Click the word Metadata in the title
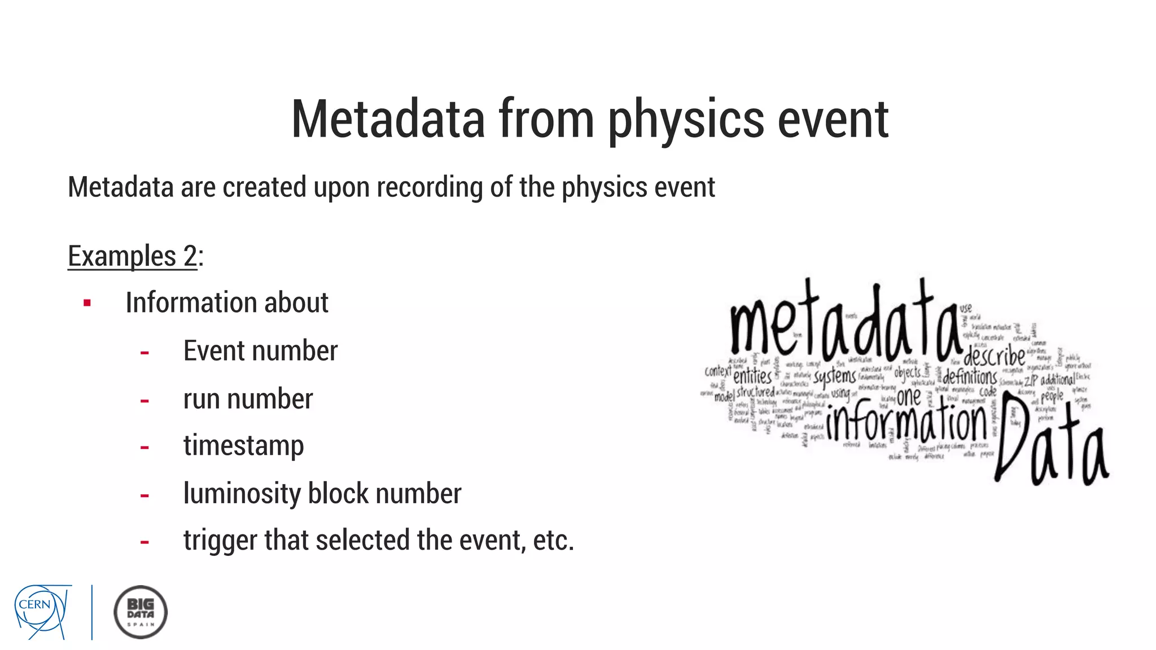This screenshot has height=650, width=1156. point(388,119)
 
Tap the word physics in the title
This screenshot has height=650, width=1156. point(685,120)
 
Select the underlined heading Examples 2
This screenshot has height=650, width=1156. point(132,256)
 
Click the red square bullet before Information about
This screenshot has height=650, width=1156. point(87,304)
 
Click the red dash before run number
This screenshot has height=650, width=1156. point(144,401)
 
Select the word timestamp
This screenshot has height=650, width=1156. point(243,446)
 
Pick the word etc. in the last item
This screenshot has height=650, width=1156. point(553,541)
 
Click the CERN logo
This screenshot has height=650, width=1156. point(42,612)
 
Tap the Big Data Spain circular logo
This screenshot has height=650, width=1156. point(141,612)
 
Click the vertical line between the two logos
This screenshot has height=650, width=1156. point(92,612)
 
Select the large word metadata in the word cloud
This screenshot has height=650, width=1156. point(844,327)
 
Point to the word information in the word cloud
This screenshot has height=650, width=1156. point(907,421)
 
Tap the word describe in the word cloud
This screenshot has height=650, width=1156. point(994,356)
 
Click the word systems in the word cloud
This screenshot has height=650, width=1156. point(834,377)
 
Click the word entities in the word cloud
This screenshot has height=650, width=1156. point(752,376)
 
